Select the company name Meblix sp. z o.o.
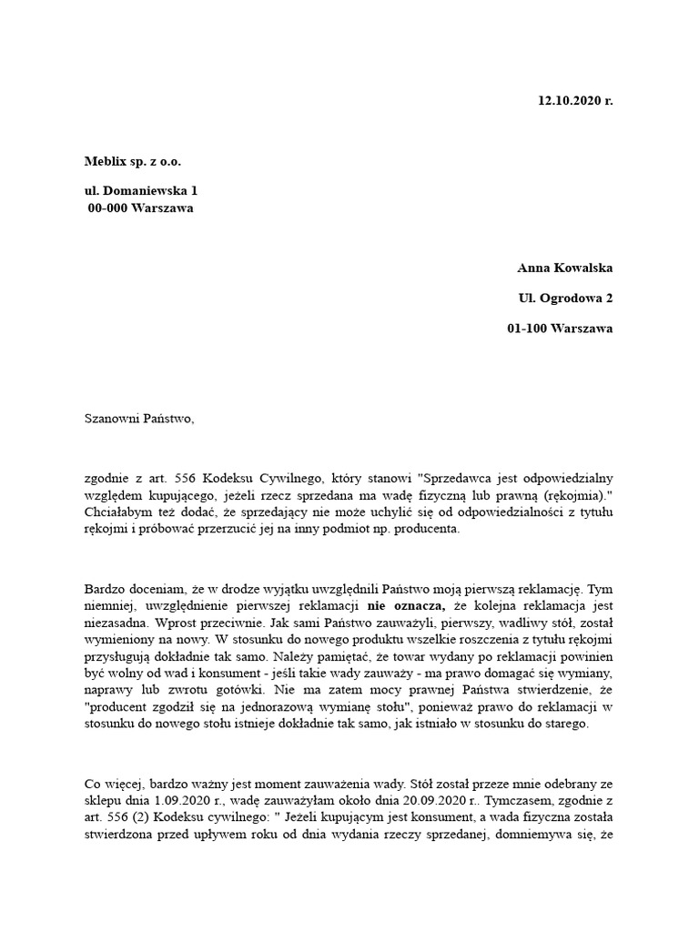click(x=133, y=161)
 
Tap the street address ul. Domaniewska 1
click(x=140, y=191)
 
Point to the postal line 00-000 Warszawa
click(x=140, y=208)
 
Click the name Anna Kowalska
click(x=565, y=268)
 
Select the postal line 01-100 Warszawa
click(x=560, y=329)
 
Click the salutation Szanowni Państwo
click(x=138, y=419)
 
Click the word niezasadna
click(x=118, y=624)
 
